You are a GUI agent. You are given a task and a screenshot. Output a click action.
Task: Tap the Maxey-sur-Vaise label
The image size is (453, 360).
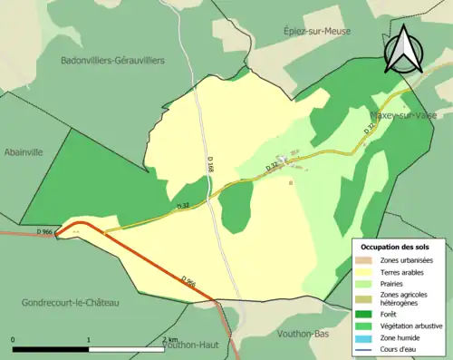(405, 116)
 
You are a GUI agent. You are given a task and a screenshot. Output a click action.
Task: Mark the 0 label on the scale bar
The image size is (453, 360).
(14, 340)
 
